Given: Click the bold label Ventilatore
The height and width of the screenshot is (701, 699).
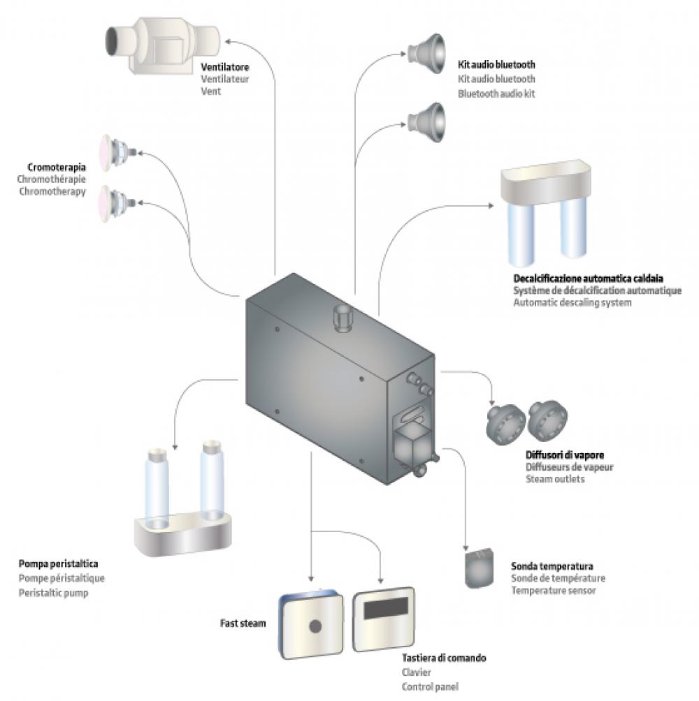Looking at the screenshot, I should (226, 68).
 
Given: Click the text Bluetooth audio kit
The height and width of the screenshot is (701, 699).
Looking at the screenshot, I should (497, 93).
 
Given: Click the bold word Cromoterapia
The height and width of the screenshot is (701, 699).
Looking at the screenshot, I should (57, 168).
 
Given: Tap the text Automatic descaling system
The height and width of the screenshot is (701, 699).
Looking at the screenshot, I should (572, 303).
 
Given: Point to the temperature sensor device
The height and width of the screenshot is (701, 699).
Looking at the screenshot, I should (480, 568).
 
